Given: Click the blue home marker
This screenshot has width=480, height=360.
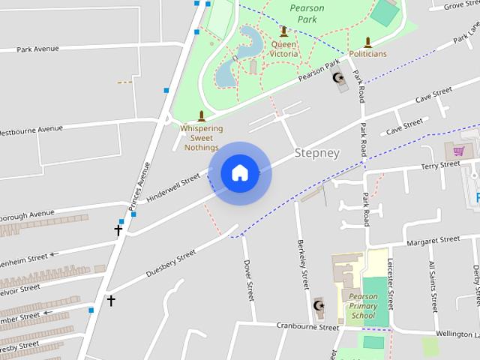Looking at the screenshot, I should (x=239, y=173).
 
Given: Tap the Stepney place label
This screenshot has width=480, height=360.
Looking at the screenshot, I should (x=317, y=153).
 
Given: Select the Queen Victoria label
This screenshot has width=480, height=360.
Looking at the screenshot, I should (x=283, y=49).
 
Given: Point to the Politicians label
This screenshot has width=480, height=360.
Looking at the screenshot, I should (x=367, y=54).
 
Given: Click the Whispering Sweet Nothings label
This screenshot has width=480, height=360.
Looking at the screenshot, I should (x=201, y=138).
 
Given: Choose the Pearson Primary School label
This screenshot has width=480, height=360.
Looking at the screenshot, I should (x=363, y=306).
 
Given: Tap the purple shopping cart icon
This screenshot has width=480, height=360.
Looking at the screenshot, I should (x=457, y=150).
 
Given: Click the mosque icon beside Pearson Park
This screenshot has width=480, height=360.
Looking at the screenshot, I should (x=337, y=77).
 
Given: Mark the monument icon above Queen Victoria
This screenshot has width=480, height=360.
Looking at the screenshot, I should (x=283, y=31).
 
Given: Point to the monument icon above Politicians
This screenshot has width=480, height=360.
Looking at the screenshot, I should (x=367, y=42).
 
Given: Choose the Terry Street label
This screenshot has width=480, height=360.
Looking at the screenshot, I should (x=439, y=165).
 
